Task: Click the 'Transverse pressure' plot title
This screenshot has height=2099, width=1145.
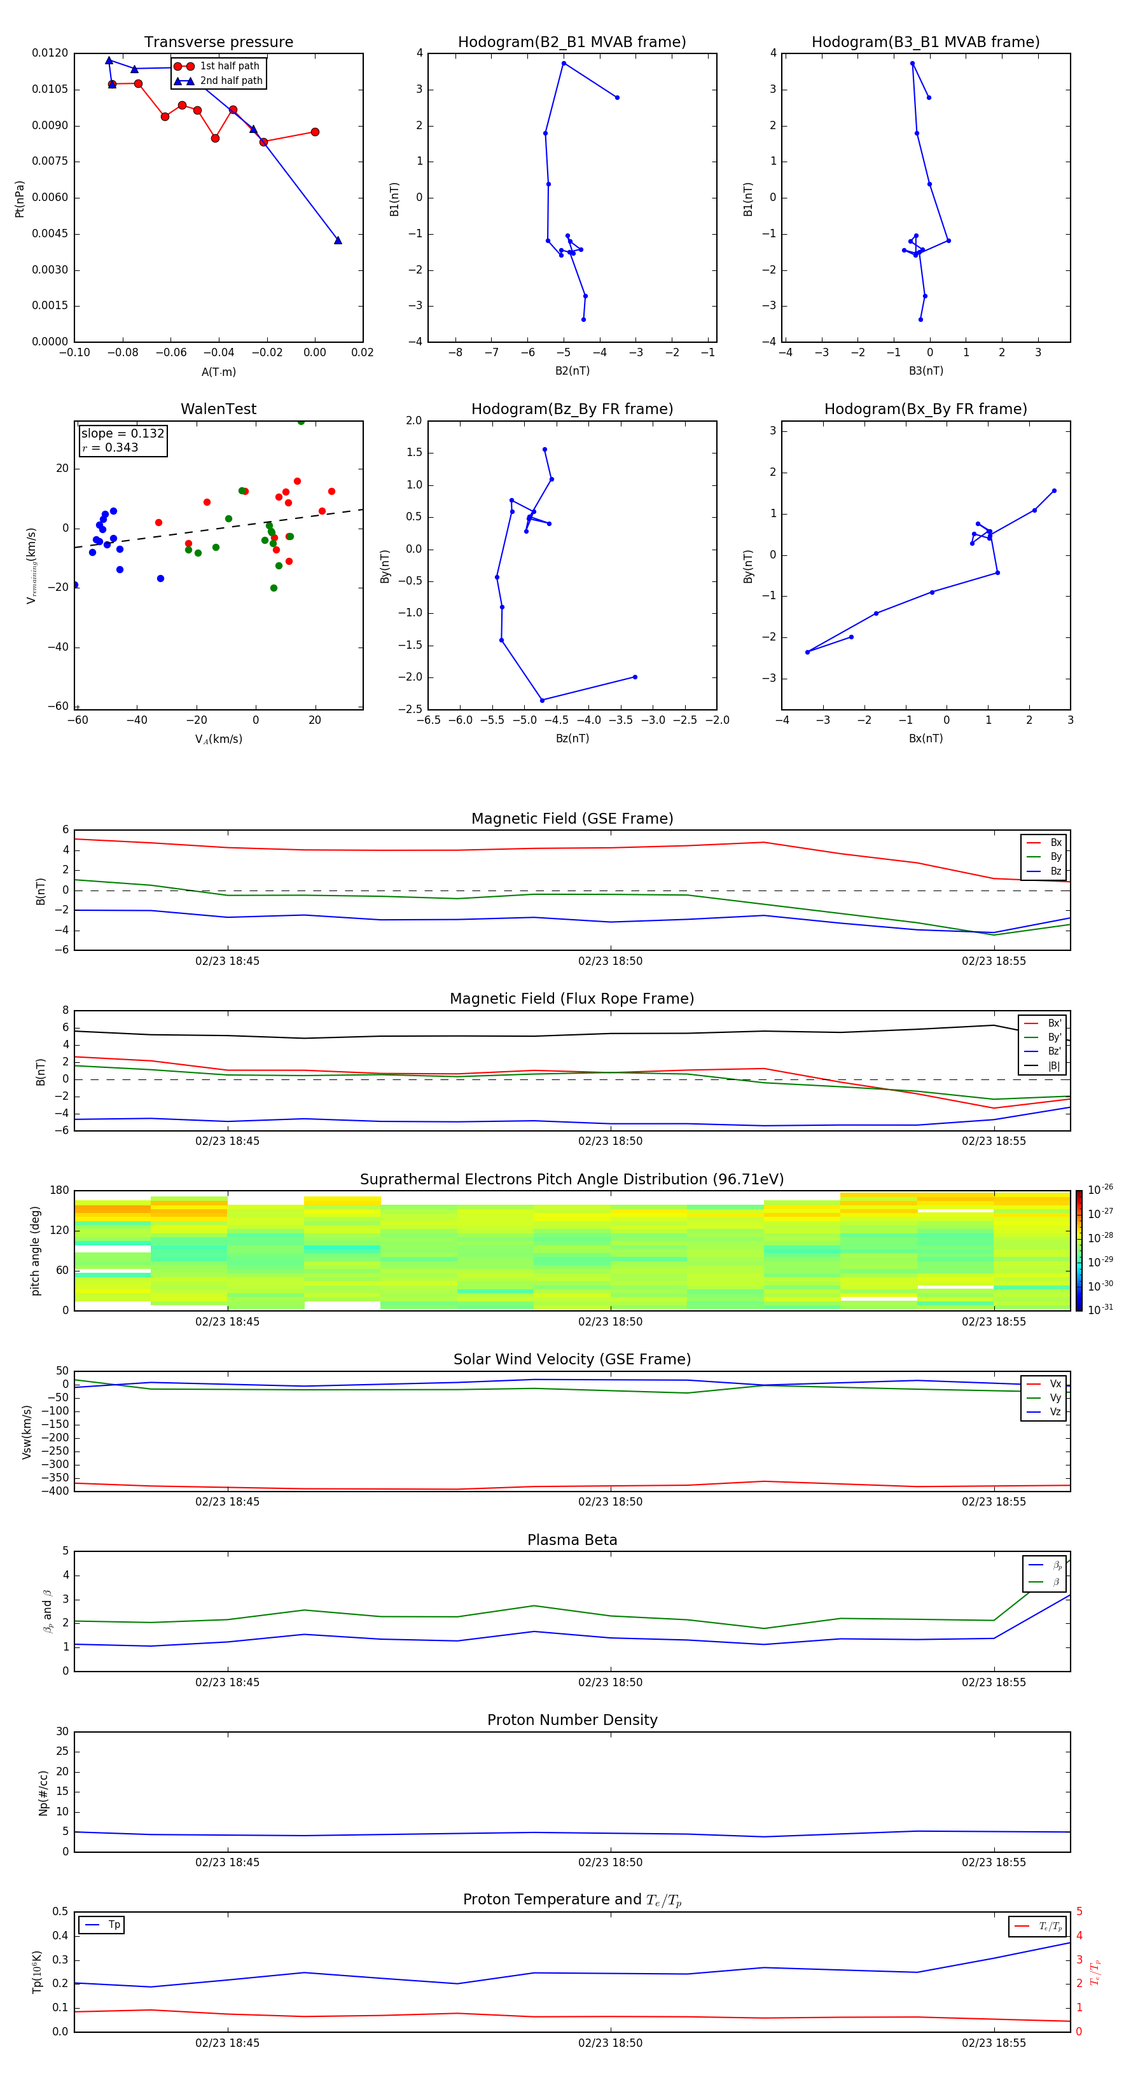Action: tap(218, 43)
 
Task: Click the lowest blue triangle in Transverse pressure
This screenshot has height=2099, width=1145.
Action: tap(337, 240)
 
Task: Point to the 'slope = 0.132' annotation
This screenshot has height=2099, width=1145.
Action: tap(122, 434)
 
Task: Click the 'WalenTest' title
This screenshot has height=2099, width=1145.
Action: tap(218, 409)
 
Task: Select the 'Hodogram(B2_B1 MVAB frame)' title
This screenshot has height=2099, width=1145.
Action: tap(571, 43)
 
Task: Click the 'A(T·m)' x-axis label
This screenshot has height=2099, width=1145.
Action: tap(218, 372)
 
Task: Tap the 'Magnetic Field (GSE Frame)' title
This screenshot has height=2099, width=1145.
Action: tap(572, 819)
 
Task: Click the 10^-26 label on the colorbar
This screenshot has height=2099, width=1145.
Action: tap(1100, 1189)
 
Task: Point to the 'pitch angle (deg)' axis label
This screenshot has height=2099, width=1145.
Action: tap(35, 1250)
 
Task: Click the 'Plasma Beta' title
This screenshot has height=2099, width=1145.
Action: tap(572, 1540)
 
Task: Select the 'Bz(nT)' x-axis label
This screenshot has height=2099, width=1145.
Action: tap(572, 738)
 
